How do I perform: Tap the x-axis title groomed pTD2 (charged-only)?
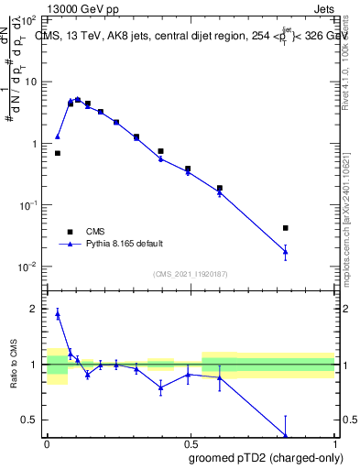pos(266,456)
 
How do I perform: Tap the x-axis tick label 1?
pos(334,442)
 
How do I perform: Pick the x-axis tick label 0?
pos(47,442)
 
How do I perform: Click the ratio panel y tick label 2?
pos(34,309)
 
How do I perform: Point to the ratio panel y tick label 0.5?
pos(29,420)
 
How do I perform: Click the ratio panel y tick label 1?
pos(34,365)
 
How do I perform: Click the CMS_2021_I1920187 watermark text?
pos(190,275)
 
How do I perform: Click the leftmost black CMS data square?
pos(58,153)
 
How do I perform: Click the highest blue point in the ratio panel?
pos(58,313)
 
